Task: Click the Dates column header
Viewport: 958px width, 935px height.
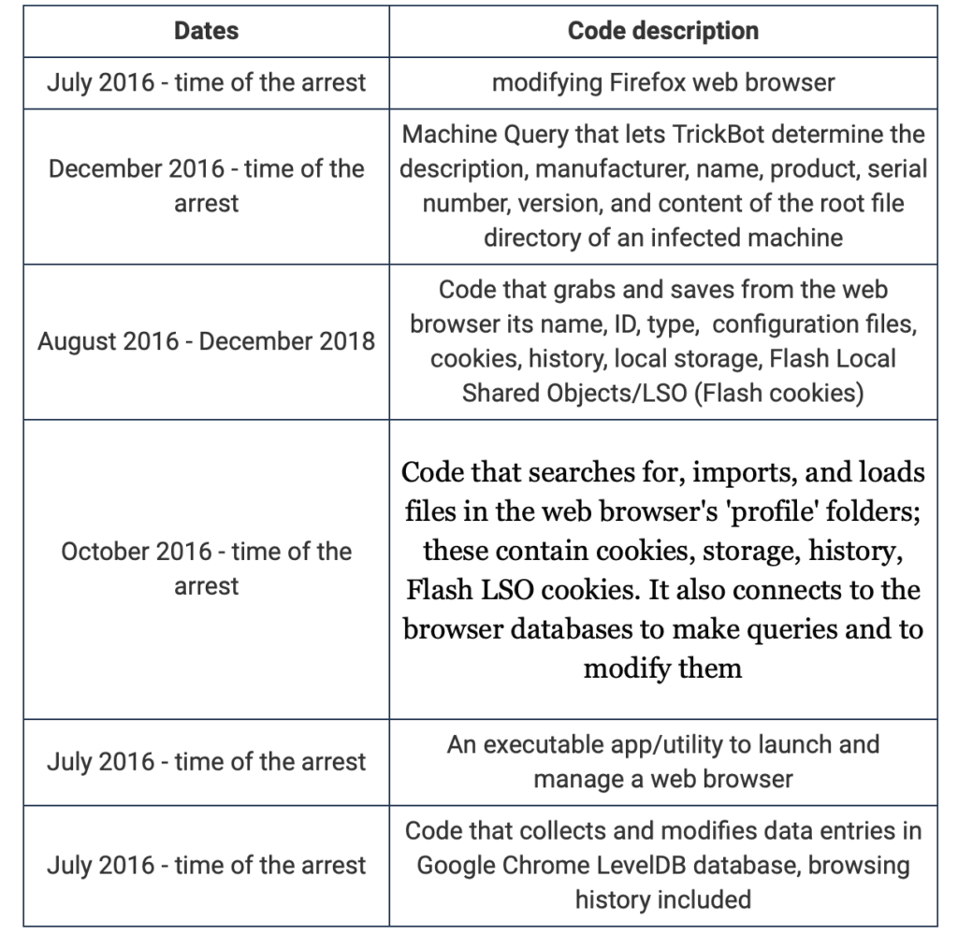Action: [206, 31]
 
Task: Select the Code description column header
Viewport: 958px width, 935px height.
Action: [662, 31]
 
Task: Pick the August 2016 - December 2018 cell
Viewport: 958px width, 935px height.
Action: [206, 341]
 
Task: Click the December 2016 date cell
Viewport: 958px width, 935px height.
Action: [206, 185]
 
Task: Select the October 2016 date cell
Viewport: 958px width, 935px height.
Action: [206, 568]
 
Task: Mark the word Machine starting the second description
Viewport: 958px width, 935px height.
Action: [443, 135]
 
